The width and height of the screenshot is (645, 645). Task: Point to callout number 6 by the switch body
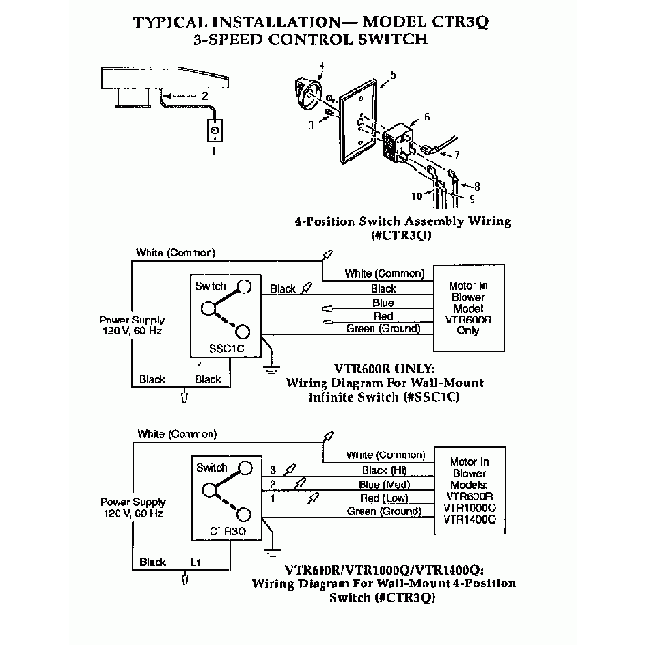426,117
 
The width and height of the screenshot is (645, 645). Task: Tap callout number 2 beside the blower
203,96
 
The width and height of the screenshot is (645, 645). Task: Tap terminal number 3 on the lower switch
271,469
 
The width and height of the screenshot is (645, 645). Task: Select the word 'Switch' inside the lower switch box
212,468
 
